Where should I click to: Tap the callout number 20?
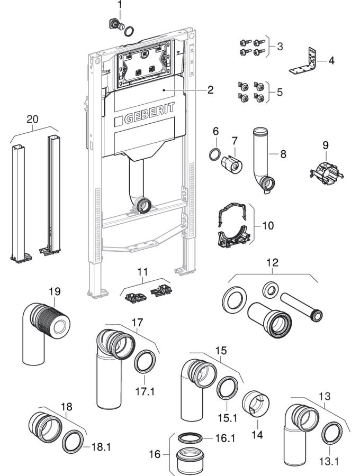coord(33,120)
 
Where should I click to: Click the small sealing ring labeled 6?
coord(214,155)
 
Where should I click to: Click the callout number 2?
coord(210,90)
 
